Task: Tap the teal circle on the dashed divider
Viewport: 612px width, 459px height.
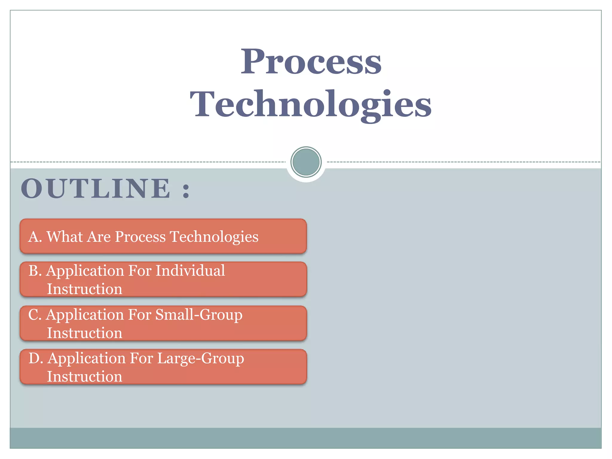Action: point(306,162)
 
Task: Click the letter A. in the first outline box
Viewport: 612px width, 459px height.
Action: point(35,237)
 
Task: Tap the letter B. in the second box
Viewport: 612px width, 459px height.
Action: point(35,271)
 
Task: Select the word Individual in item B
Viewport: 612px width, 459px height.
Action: point(190,271)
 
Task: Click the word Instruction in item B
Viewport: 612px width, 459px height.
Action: point(85,289)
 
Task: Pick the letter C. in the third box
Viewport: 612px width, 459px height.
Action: point(35,315)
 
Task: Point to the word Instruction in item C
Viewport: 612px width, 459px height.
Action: point(85,333)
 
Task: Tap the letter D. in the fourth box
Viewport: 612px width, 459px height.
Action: point(36,358)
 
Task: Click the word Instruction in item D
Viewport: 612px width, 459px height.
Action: point(85,377)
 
